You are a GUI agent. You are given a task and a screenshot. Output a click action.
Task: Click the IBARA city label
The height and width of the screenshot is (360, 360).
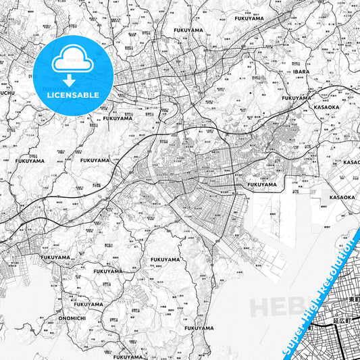pos(301,71)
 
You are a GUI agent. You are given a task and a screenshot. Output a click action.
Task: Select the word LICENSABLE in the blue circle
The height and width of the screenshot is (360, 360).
pos(74,95)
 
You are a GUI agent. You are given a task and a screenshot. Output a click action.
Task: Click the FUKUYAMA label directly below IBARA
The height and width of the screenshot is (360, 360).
pos(297,98)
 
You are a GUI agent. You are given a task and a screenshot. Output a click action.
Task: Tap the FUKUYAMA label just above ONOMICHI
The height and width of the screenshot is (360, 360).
pos(88,304)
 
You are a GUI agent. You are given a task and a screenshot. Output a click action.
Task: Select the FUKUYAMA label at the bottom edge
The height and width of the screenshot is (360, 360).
pos(128,357)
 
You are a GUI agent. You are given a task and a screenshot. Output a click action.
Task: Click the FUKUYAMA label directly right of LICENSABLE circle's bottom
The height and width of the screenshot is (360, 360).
pos(118,118)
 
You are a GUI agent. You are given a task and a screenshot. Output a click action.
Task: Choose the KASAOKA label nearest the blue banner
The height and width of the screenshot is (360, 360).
pos(342,197)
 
